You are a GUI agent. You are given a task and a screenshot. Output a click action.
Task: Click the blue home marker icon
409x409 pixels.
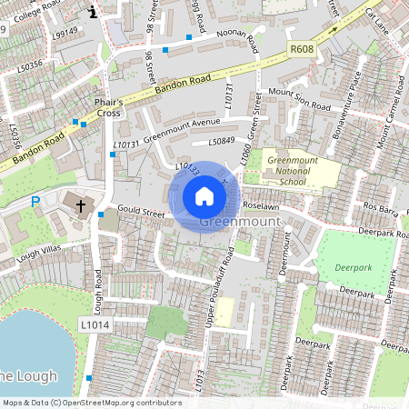(204, 195)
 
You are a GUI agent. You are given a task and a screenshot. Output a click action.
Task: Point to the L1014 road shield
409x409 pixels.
(95, 324)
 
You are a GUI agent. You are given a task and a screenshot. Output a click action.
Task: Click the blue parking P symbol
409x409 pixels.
(35, 202)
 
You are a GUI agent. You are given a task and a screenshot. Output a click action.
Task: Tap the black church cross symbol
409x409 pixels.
(80, 206)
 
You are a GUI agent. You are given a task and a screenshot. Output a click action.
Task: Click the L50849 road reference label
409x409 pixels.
(222, 142)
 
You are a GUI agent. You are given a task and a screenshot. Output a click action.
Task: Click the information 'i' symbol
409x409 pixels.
(93, 12)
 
